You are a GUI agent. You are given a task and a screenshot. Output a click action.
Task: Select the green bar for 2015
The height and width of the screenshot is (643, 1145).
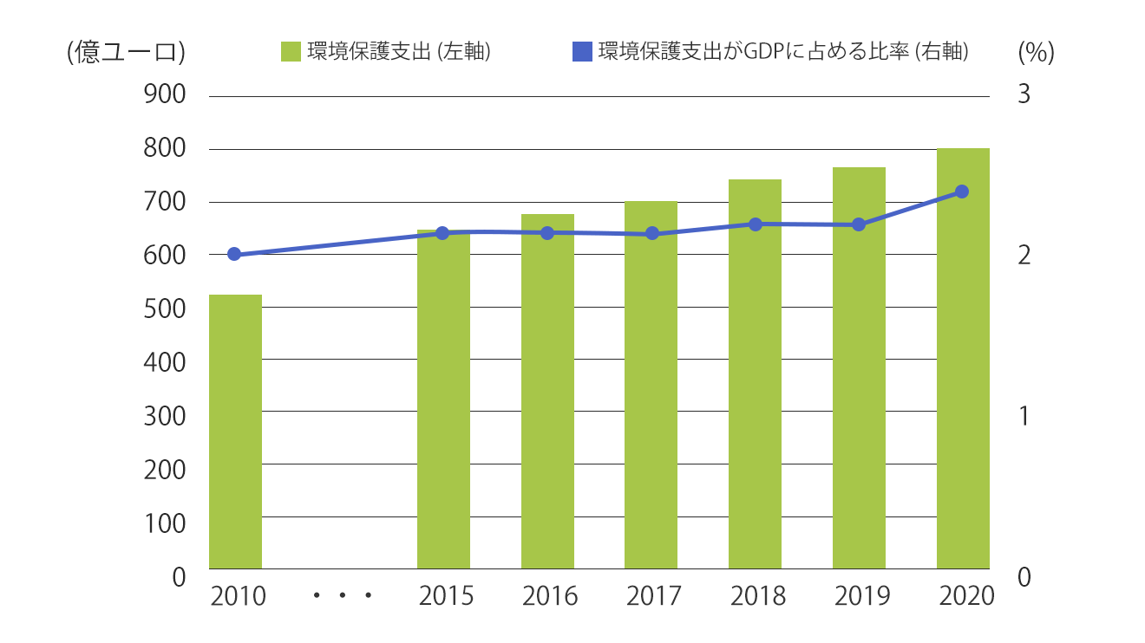(x=443, y=399)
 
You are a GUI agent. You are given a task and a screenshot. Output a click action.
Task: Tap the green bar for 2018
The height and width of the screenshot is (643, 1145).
(x=755, y=373)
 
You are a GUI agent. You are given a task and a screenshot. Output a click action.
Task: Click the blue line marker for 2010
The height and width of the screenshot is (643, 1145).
(x=234, y=254)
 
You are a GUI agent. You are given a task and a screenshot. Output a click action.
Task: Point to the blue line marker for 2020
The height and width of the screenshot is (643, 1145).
(x=962, y=192)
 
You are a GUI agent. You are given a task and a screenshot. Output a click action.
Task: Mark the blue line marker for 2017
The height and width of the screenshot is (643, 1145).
(x=652, y=233)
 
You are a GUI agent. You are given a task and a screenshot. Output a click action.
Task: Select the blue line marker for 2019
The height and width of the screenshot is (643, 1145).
(x=859, y=224)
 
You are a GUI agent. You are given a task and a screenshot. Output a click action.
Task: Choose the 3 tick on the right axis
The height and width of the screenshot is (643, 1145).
(x=1024, y=94)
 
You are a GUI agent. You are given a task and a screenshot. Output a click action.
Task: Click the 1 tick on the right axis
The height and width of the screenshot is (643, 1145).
(x=1024, y=416)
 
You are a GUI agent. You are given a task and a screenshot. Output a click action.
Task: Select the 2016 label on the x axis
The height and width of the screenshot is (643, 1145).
(x=549, y=596)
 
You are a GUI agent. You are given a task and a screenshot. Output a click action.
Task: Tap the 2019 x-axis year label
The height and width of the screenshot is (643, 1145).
(x=861, y=596)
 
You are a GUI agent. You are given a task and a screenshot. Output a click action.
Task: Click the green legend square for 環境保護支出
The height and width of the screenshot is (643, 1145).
(x=291, y=52)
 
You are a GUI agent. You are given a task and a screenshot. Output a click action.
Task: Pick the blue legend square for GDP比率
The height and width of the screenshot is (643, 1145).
(x=582, y=52)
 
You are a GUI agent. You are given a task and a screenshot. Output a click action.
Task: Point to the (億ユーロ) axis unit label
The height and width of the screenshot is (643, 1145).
(x=126, y=52)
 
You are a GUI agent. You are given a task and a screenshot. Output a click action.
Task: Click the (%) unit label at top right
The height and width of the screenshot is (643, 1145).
(x=1036, y=52)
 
